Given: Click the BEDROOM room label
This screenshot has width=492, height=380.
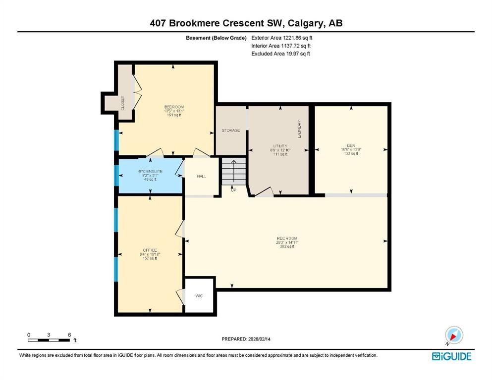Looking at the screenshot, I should [x=174, y=107].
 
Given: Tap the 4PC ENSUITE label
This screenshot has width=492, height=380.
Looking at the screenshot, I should [x=150, y=171].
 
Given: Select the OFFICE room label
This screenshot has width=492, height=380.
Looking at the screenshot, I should [x=150, y=249].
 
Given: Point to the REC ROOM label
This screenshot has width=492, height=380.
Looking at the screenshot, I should [x=287, y=238].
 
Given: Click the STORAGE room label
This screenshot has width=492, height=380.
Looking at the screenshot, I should [x=230, y=130].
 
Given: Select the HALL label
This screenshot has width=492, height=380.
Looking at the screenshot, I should [x=201, y=176].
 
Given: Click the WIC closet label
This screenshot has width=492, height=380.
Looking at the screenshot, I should [x=199, y=295].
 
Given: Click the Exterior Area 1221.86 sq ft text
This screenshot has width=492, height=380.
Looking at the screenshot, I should [x=282, y=37].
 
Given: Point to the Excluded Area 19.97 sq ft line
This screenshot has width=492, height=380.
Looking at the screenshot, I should [x=280, y=53].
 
